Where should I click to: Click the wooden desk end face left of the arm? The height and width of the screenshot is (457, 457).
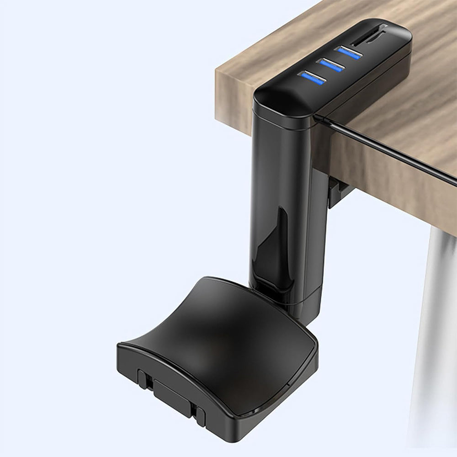click(x=233, y=91)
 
